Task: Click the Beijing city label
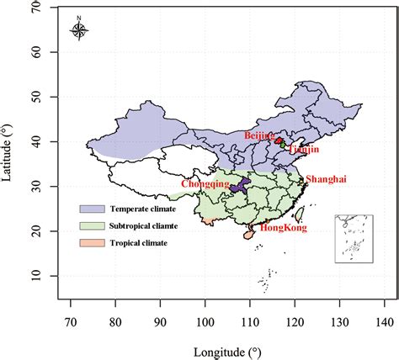click(258, 135)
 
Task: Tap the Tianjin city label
click(304, 150)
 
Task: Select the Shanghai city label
click(326, 179)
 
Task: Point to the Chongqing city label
click(205, 183)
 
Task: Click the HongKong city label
click(282, 228)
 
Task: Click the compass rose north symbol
click(78, 31)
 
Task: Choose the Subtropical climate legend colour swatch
click(91, 225)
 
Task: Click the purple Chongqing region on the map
click(241, 187)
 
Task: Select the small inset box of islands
click(354, 238)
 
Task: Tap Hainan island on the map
click(247, 236)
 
